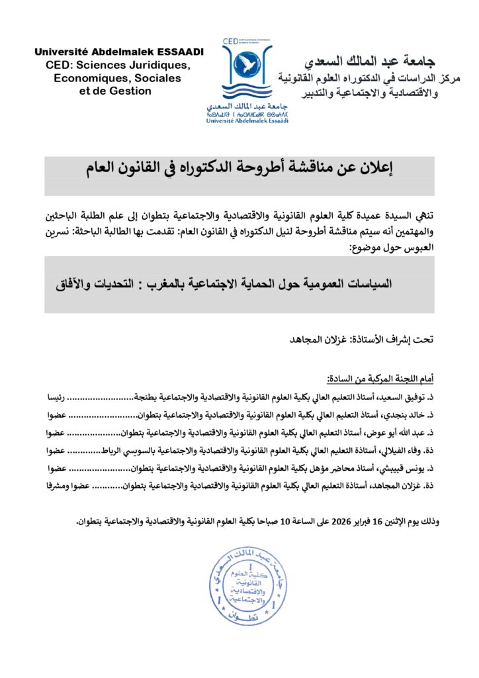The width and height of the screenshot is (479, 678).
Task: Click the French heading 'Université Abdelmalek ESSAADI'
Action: point(119,52)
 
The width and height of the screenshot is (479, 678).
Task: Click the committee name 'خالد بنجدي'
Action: point(412,415)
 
